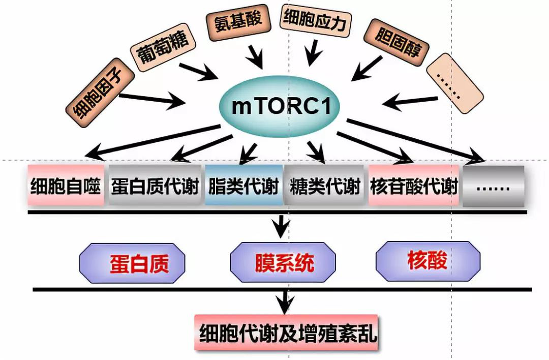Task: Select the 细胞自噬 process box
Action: pyautogui.click(x=66, y=185)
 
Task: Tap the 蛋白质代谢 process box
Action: pyautogui.click(x=154, y=186)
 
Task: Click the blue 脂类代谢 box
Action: pyautogui.click(x=243, y=186)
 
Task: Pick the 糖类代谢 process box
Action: pyautogui.click(x=325, y=186)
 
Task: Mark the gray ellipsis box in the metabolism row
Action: pyautogui.click(x=493, y=186)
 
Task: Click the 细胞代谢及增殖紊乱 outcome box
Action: pyautogui.click(x=286, y=334)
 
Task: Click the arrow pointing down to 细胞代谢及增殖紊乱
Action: pyautogui.click(x=284, y=302)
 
